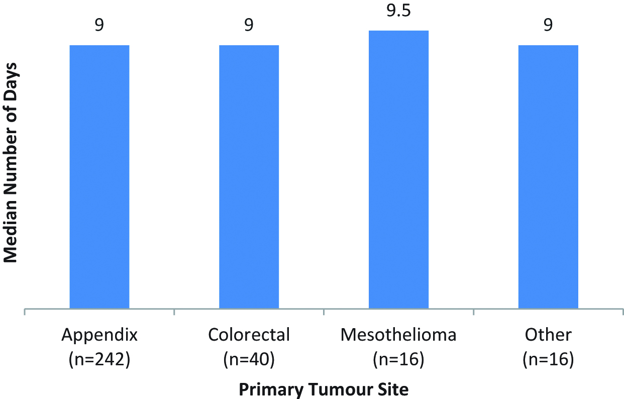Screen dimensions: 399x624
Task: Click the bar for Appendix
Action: point(99,176)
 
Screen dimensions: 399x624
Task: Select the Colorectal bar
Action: point(249,176)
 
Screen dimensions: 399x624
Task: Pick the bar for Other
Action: point(548,176)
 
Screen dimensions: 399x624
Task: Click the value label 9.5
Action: point(398,11)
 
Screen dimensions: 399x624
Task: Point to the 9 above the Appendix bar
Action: point(99,25)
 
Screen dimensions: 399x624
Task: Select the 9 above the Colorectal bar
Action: point(249,25)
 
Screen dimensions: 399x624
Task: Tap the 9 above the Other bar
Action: point(548,25)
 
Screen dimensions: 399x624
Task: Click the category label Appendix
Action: point(99,335)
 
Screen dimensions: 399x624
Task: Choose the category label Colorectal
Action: point(249,335)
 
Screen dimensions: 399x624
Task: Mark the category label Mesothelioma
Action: point(398,335)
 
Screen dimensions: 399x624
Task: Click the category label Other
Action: point(548,335)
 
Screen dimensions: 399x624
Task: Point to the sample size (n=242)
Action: point(99,360)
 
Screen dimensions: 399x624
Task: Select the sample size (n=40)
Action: point(249,360)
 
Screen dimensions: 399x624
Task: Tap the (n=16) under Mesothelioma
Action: point(398,360)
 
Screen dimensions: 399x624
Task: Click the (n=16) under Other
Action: point(548,360)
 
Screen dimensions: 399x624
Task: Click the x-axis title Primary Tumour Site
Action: point(324,389)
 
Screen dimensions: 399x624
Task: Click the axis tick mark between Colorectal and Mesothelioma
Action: point(324,312)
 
